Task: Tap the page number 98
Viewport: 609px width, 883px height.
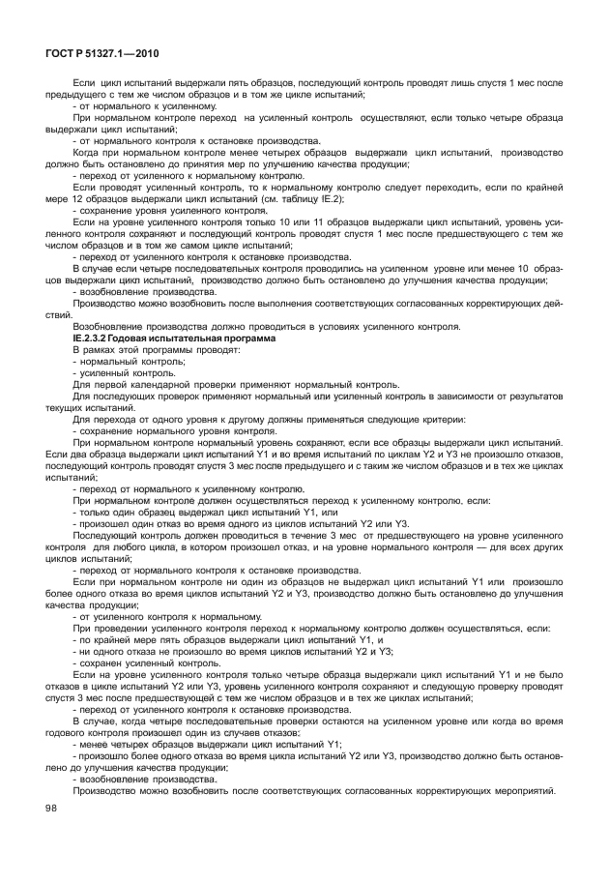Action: (51, 834)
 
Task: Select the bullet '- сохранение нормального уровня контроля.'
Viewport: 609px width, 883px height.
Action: (160, 431)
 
